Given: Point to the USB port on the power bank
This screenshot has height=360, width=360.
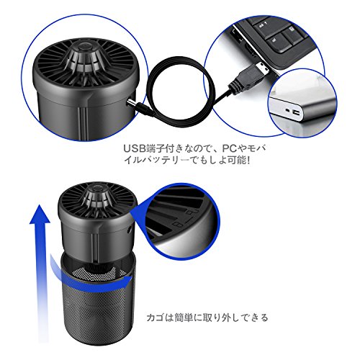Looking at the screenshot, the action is (x=297, y=112).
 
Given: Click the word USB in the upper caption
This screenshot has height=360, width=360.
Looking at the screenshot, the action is (x=135, y=148).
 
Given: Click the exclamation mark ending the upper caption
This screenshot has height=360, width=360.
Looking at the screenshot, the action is (x=248, y=161).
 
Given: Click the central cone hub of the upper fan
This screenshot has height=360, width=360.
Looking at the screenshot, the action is (x=84, y=58).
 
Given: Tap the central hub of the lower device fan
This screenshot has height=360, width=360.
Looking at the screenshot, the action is (x=97, y=197).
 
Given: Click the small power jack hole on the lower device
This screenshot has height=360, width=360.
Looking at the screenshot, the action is (x=130, y=229).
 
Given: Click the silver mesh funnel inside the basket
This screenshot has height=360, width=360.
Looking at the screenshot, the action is (x=99, y=272).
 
